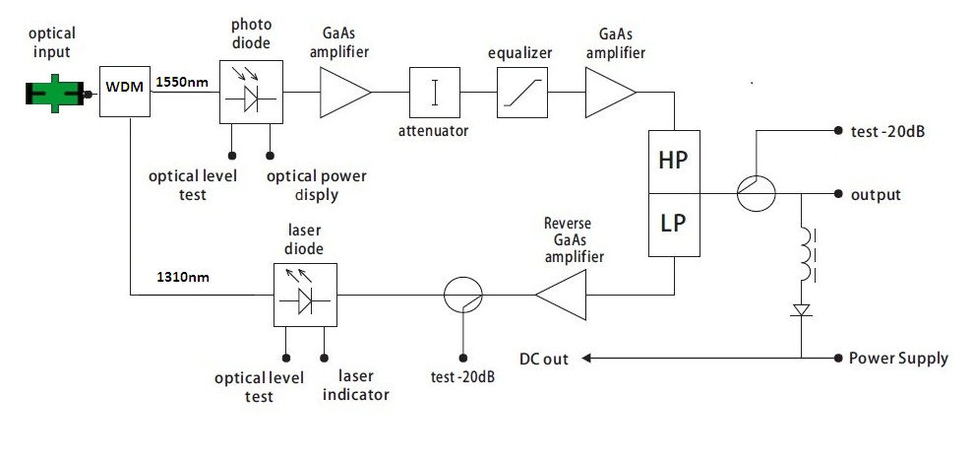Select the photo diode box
click(x=250, y=95)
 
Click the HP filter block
click(x=674, y=160)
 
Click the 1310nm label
click(x=183, y=280)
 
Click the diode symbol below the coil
click(x=802, y=311)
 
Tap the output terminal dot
click(x=836, y=194)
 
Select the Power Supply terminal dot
click(x=836, y=358)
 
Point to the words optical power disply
click(x=317, y=185)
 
